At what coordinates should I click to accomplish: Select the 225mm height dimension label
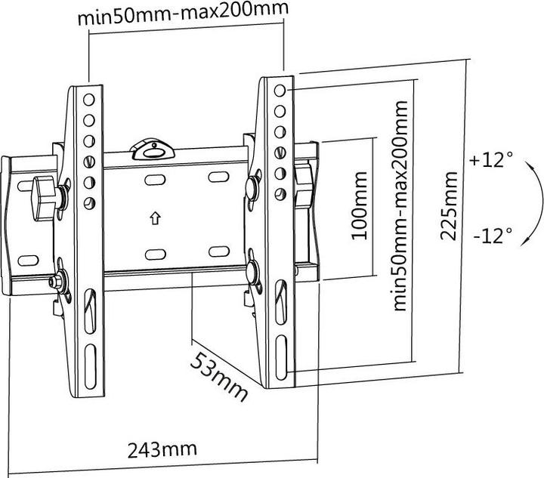click(x=449, y=206)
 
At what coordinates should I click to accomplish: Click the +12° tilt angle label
click(x=491, y=160)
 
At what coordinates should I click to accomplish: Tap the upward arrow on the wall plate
click(x=155, y=219)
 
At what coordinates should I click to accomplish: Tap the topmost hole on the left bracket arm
click(x=89, y=99)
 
